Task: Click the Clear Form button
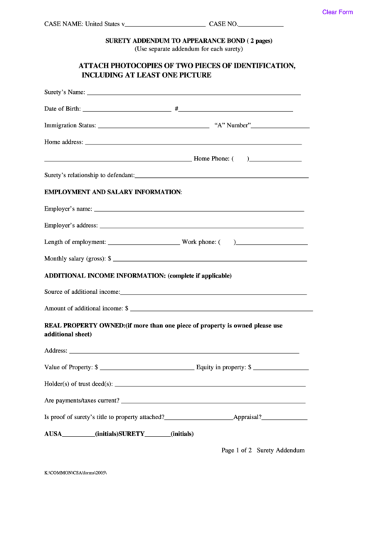point(338,12)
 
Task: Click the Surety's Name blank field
point(193,93)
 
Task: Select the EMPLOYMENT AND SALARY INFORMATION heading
point(113,192)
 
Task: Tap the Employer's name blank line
point(199,209)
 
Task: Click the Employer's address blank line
point(206,226)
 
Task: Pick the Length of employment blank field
point(144,242)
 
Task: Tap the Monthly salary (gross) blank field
point(209,258)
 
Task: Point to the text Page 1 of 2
point(237,450)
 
